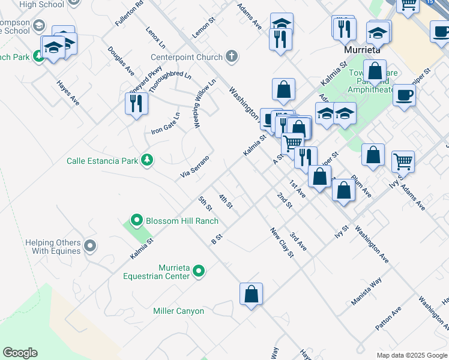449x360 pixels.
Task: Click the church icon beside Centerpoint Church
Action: pos(232,57)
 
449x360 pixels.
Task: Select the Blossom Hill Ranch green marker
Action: pos(136,221)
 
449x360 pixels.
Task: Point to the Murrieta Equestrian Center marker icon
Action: pos(199,271)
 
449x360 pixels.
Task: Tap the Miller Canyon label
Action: pos(178,311)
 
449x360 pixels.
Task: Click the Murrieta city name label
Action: pos(364,49)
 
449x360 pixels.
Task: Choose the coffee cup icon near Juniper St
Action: pos(405,94)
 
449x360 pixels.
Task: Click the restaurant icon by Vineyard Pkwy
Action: pos(137,103)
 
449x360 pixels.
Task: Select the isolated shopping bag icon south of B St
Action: pos(251,294)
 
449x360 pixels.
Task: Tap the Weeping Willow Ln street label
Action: pos(205,104)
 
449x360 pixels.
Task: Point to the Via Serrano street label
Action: pos(195,167)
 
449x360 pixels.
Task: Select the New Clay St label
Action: pos(282,242)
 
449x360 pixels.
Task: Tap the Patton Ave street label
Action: pos(388,320)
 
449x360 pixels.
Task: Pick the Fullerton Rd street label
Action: pos(130,13)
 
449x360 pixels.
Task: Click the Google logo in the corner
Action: pos(20,353)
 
